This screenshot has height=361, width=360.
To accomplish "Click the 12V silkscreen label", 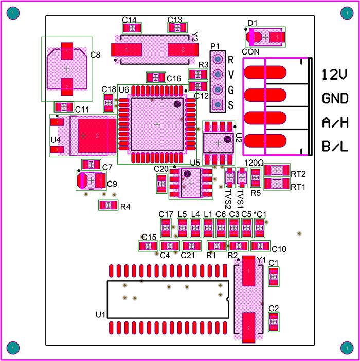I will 334,75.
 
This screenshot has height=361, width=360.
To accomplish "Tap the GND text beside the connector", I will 334,99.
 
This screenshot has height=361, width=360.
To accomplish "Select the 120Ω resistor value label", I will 254,163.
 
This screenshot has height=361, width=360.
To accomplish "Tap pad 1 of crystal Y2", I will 127,50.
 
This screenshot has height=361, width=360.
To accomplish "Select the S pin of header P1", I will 217,105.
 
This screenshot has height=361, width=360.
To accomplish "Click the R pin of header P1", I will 217,59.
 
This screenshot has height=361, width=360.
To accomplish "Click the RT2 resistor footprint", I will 277,171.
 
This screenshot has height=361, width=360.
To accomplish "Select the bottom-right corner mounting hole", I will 346,347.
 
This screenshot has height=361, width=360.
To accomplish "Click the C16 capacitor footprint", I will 155,78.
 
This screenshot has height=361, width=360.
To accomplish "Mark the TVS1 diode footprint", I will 242,178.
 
